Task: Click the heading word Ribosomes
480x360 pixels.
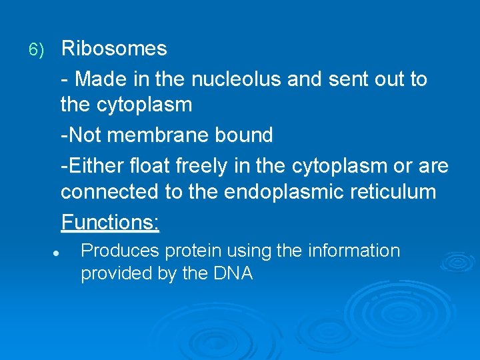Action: (113, 49)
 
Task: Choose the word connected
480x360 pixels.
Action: (109, 193)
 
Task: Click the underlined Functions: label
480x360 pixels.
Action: (110, 221)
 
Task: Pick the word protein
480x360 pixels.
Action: (193, 252)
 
